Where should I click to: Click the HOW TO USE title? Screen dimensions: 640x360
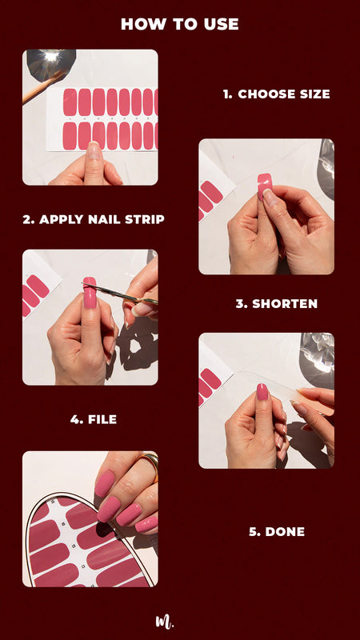(179, 24)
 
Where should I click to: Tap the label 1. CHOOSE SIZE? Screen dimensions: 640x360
(276, 94)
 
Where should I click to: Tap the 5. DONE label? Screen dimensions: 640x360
(276, 531)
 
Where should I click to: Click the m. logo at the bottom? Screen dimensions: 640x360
(164, 621)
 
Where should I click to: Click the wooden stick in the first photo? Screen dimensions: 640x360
(44, 86)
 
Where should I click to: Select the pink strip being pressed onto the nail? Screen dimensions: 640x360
(265, 184)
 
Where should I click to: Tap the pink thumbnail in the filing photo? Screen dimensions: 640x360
(262, 391)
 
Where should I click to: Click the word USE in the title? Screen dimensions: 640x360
(221, 24)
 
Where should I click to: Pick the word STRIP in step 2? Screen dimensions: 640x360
(146, 219)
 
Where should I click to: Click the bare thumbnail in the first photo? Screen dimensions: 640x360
(94, 151)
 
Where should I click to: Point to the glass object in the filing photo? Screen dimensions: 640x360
(317, 352)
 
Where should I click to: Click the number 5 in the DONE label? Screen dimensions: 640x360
(253, 531)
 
